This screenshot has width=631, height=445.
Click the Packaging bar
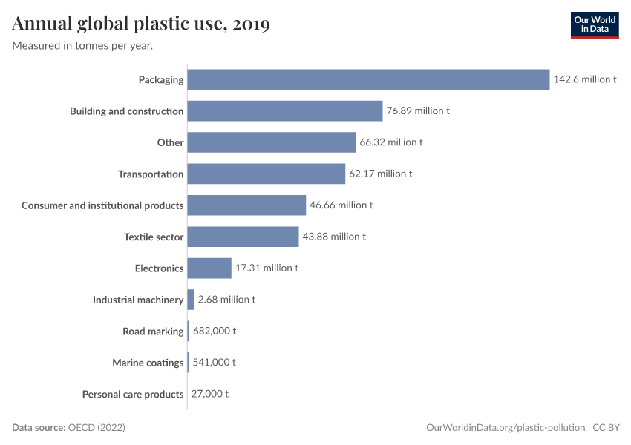pos(368,79)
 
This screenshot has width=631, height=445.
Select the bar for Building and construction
pos(284,111)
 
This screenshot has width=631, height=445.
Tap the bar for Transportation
pos(266,174)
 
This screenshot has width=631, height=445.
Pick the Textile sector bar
pos(243,237)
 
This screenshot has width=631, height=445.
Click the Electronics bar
pos(209,268)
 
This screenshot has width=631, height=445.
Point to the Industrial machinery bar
pos(191,300)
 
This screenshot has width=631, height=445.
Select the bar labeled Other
pos(272,142)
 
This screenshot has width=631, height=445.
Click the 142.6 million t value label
pos(585,79)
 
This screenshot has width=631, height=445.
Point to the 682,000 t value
pos(215,331)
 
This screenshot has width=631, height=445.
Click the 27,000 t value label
pos(211,394)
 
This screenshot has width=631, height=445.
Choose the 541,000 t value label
pos(215,363)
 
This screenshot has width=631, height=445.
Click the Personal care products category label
pos(133,394)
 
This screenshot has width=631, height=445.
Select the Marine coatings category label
pos(148,363)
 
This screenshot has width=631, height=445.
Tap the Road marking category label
pos(153,331)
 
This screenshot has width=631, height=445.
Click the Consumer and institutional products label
pos(102,205)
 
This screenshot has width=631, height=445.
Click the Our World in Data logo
pos(594,24)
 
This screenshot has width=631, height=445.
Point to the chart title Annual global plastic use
pos(141,24)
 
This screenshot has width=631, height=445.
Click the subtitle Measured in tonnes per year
pos(82,45)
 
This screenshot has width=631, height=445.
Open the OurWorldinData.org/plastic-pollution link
pos(506,428)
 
